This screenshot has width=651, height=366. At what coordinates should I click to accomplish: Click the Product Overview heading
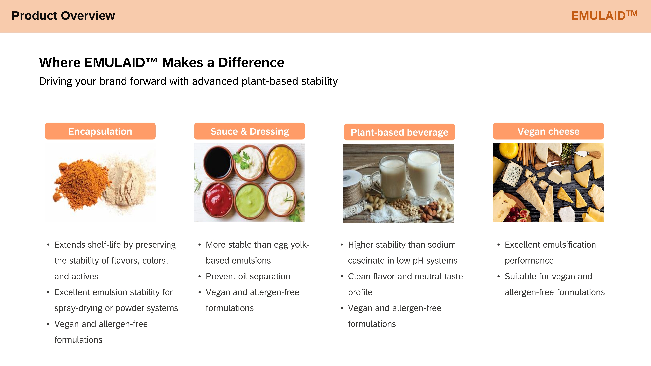coord(63,16)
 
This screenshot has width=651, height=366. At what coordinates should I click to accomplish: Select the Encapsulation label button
coord(100,131)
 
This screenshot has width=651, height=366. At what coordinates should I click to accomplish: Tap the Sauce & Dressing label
coord(249,131)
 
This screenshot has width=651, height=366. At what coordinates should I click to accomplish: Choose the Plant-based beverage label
coord(399,132)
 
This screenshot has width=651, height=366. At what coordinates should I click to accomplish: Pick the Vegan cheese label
coord(548,131)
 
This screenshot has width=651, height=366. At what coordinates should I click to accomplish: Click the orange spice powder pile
coord(81,183)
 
